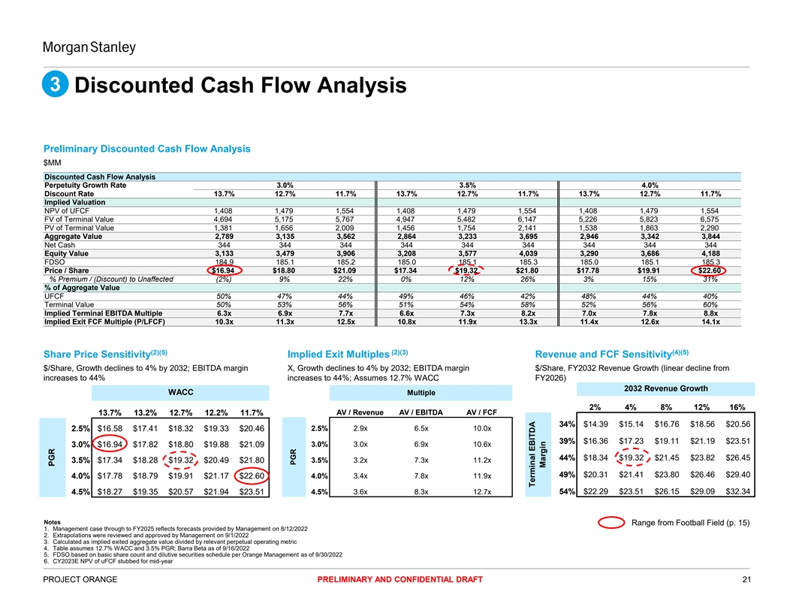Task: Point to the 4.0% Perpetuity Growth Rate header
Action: (650, 184)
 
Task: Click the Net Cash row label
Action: (59, 245)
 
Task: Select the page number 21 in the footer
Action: (746, 578)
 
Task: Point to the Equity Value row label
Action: (70, 253)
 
